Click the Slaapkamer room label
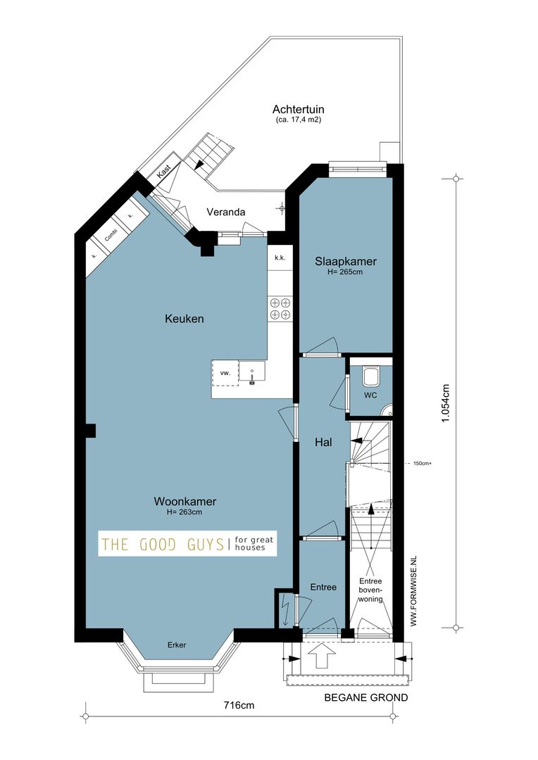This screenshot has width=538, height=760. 345,262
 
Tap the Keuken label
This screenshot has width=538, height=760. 184,319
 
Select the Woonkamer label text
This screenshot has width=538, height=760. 184,502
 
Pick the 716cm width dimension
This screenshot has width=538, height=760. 239,705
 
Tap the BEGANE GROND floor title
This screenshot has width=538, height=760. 365,698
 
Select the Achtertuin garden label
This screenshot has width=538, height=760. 298,110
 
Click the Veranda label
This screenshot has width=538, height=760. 225,212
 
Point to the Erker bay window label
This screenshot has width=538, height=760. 177,645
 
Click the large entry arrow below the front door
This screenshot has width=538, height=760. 322,657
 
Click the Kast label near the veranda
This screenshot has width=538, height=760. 164,170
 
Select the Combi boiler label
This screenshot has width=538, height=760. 111,235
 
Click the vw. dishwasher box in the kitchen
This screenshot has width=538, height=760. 225,373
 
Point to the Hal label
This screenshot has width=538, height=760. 323,443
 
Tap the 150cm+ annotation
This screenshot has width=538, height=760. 423,464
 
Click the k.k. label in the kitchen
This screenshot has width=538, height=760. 280,258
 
